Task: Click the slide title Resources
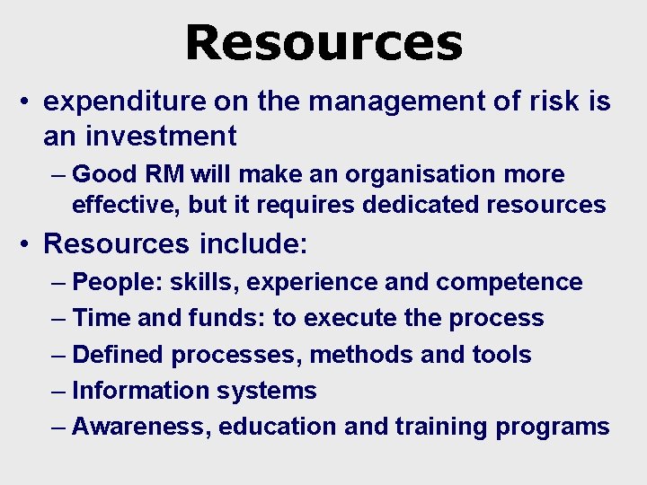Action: coord(323,42)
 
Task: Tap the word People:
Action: coord(115,282)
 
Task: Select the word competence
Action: coord(509,282)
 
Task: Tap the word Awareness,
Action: coord(142,427)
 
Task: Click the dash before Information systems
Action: coord(59,391)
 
